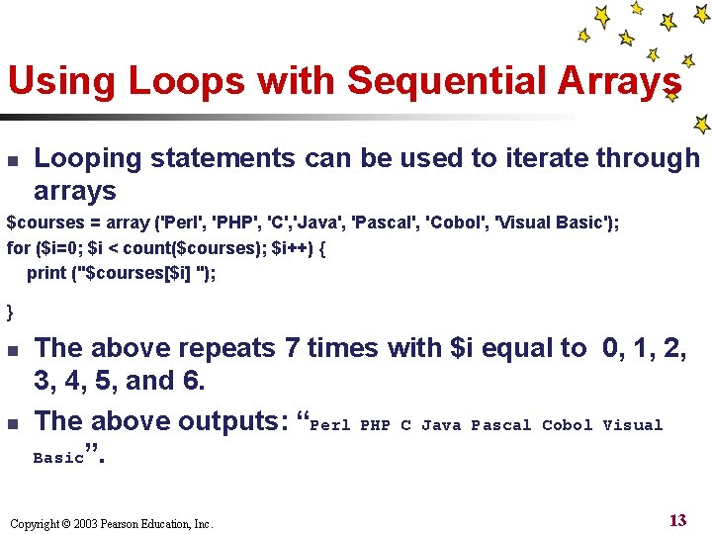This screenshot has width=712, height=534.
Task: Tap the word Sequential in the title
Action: (x=426, y=81)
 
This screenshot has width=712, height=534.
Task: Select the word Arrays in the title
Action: (x=610, y=81)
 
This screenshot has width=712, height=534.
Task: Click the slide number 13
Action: (x=677, y=520)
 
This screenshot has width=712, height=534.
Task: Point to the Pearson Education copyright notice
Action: (x=110, y=523)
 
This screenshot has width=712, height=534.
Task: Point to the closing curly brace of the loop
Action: (x=11, y=311)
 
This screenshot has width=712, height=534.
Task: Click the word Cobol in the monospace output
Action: (x=567, y=425)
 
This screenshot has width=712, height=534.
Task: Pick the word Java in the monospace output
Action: (x=440, y=425)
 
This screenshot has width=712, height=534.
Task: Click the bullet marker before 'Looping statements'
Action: (x=13, y=159)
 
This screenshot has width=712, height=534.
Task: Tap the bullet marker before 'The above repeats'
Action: (x=13, y=349)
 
